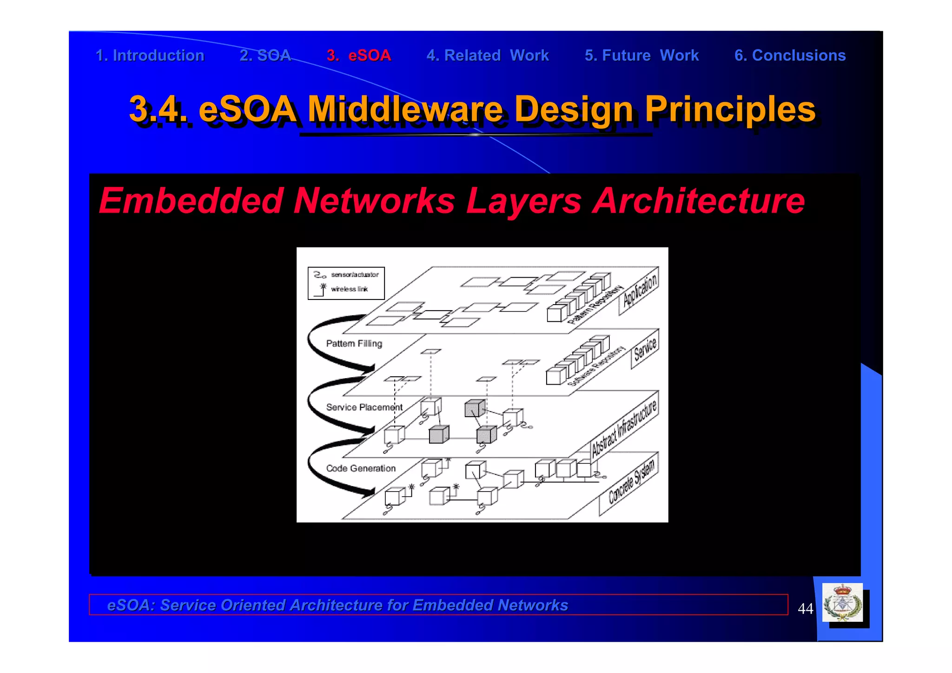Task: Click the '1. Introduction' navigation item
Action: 150,55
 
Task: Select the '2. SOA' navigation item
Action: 265,55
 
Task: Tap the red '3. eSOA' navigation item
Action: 359,55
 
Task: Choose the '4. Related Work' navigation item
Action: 488,55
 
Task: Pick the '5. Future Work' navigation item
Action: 641,55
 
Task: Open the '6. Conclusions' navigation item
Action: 790,55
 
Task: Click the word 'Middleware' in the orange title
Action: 405,109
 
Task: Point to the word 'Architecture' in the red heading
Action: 698,200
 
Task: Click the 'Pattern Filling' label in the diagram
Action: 354,344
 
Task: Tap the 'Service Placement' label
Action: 364,407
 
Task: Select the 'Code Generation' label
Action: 361,468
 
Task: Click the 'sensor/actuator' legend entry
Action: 355,275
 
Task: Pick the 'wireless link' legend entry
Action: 349,289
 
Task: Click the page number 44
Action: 805,608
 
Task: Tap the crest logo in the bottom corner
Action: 842,603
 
